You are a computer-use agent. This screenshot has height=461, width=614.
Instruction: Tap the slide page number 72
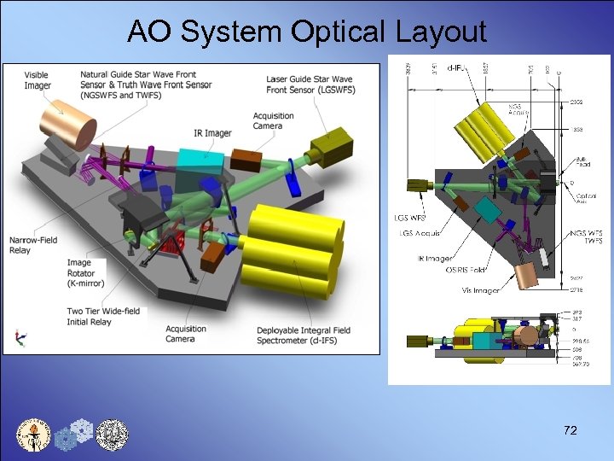click(570, 430)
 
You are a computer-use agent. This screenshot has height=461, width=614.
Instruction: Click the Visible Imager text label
click(38, 80)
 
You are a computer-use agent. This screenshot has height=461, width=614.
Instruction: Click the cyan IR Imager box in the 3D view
click(200, 161)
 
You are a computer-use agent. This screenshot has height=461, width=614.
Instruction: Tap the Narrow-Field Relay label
click(33, 245)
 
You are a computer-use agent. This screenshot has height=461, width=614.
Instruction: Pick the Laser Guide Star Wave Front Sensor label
click(310, 85)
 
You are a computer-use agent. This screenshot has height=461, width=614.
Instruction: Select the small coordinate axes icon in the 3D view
click(17, 338)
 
